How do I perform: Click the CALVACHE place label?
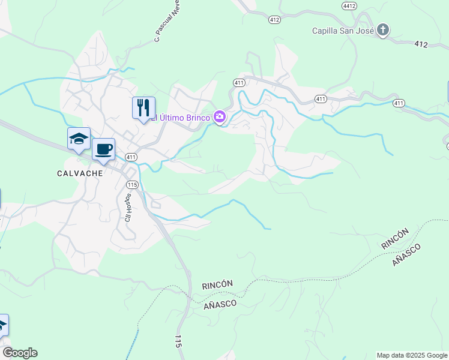pos(80,173)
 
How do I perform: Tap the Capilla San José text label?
pos(343,31)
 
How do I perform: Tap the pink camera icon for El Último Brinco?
pos(220,118)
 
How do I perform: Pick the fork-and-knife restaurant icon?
pos(143,108)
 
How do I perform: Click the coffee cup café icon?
pos(103,149)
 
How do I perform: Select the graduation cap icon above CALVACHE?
pos(79,139)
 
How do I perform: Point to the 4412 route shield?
pos(349,6)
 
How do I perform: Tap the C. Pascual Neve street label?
pos(168,21)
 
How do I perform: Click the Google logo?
pos(20,353)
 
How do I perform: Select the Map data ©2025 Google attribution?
pos(412,355)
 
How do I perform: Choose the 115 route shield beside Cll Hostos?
pos(133,185)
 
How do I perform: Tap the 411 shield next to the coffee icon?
pos(131,157)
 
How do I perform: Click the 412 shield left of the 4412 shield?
pos(274,20)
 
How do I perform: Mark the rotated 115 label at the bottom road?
pos(178,343)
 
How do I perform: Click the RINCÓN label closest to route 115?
pos(217,284)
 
